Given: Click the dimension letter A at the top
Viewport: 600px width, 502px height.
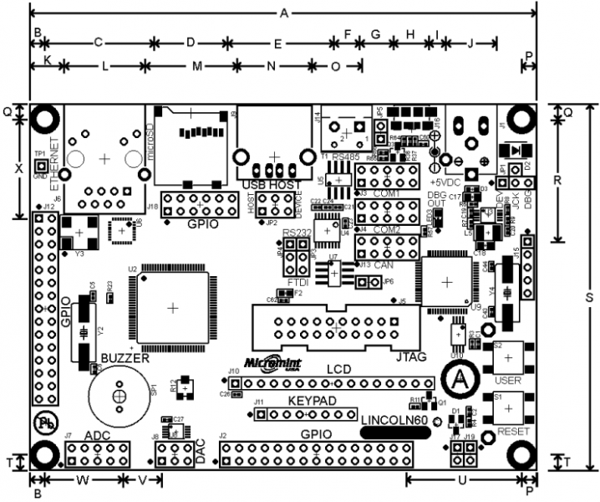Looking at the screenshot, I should pos(283,13).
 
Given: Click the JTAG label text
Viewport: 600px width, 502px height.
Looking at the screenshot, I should pos(410,356).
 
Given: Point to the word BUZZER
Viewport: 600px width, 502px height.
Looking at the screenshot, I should pos(125,357).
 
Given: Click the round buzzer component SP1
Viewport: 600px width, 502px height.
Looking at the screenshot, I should pos(120,396).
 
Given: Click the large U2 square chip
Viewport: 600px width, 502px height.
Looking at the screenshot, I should pos(173,307).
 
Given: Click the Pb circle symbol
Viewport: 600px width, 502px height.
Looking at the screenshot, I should pos(44,424).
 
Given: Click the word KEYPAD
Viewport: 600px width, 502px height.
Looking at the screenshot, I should pos(313,402).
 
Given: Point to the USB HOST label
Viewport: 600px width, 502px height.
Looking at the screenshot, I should pos(271,184).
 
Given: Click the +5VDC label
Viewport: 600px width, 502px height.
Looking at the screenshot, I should pos(445,181).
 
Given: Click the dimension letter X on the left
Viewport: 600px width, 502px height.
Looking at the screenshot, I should pos(18,167).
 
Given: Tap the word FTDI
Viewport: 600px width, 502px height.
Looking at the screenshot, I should pos(298,284).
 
